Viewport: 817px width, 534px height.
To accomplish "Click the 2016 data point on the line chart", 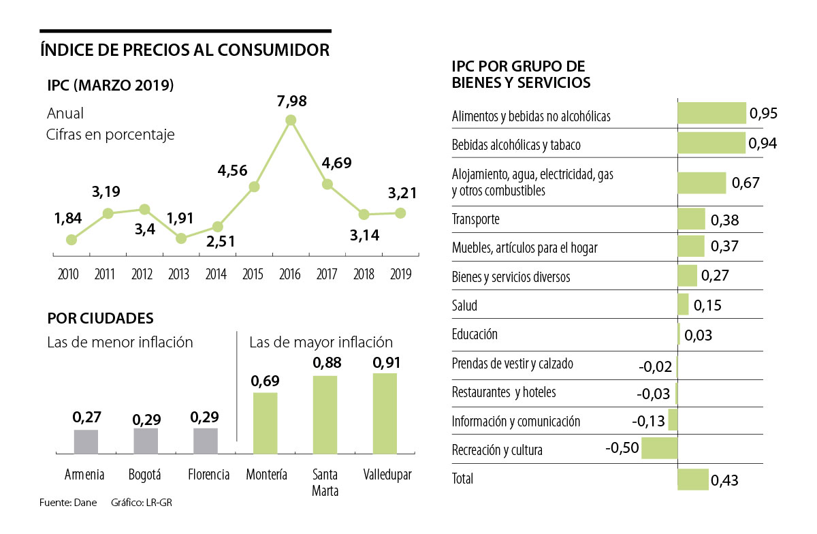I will click(x=291, y=120).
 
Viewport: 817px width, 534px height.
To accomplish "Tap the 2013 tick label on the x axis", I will click(x=178, y=274).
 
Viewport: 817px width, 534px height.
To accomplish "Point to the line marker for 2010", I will click(x=71, y=239).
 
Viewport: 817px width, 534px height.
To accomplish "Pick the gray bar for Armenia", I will click(x=85, y=441).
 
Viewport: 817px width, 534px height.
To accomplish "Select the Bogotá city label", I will click(x=145, y=475).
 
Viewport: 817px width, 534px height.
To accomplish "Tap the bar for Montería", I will click(x=266, y=423).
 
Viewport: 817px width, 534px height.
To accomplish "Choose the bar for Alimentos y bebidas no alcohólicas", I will click(x=711, y=113).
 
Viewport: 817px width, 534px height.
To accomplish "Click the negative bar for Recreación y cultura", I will click(x=659, y=447).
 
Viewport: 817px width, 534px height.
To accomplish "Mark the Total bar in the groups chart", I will click(x=693, y=479).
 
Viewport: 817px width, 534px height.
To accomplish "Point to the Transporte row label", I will click(x=476, y=219).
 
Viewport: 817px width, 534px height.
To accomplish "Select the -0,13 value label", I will click(x=648, y=421).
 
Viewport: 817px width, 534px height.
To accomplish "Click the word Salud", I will click(x=464, y=305).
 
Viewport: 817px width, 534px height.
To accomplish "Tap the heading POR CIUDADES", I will click(x=100, y=318).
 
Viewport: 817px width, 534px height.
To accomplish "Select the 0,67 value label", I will click(x=745, y=183).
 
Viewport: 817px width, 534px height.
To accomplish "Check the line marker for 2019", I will click(x=400, y=213).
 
